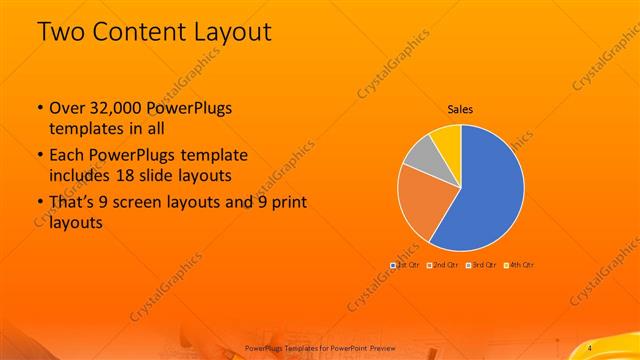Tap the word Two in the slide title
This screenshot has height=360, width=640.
click(x=59, y=31)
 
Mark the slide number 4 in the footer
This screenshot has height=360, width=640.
click(x=590, y=347)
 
